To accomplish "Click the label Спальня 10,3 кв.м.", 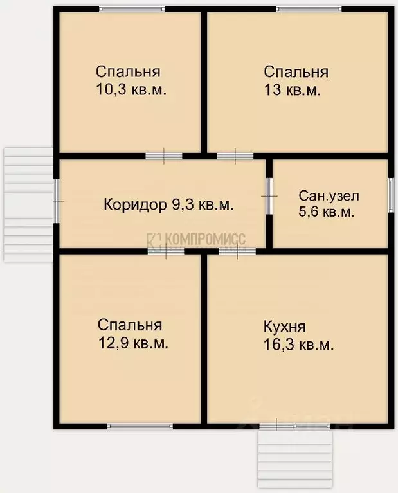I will coord(131,80).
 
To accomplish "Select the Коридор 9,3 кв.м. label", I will coord(168,205).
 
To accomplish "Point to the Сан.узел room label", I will coord(329,195).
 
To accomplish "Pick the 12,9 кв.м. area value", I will coord(133,344).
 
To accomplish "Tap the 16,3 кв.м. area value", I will coord(298,345).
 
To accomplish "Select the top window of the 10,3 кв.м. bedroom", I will coord(132,9).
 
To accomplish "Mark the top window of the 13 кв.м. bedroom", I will coord(309,9).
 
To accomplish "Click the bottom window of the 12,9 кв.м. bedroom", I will coord(140,426).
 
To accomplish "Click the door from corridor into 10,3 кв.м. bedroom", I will coord(163,156).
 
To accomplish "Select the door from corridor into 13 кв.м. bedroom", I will coord(235,156).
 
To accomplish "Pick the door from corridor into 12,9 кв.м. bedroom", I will coord(166,251).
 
